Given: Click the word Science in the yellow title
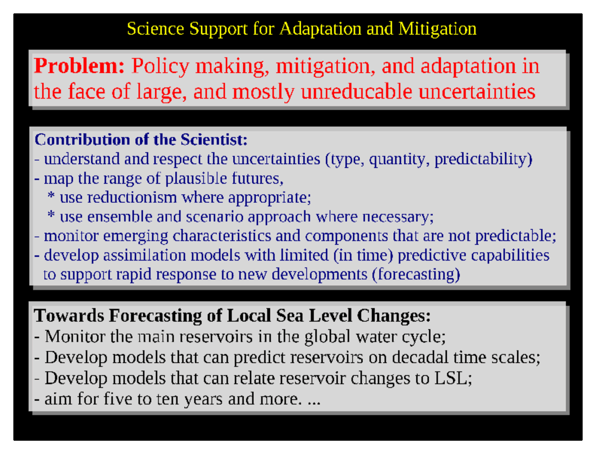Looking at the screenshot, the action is click(155, 29).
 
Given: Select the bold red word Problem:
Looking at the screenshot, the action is click(79, 66).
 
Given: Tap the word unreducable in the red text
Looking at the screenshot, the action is click(356, 91).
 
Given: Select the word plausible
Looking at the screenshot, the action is click(196, 179).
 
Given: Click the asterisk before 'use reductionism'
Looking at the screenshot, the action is click(51, 195).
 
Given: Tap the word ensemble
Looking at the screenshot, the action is click(120, 217).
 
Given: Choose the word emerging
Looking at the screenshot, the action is click(135, 236).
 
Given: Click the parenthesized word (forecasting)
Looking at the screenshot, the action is click(416, 275).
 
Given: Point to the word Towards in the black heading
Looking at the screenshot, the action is click(69, 316).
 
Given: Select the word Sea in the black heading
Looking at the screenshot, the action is click(290, 316).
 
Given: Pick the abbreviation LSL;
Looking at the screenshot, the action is click(453, 378).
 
